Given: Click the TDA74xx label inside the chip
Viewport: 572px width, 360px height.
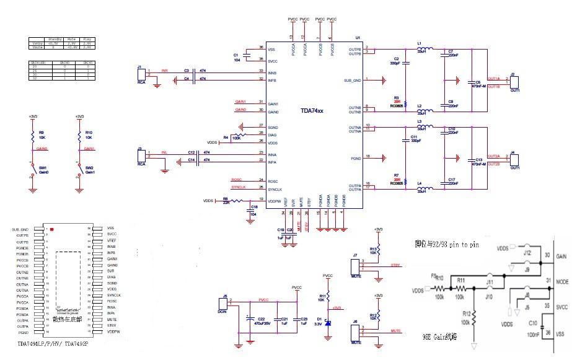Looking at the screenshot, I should click(x=312, y=110).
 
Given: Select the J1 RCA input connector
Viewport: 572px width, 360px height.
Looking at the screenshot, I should click(x=141, y=74).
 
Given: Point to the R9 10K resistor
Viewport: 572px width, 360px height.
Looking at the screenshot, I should click(x=32, y=134).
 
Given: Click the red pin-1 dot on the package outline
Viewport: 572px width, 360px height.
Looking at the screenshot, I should click(x=51, y=230).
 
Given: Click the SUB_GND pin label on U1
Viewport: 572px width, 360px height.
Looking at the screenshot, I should click(x=353, y=80).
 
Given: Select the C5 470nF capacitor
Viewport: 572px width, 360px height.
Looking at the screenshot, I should click(x=472, y=82).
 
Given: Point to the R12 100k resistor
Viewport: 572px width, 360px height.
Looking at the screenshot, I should click(x=473, y=318).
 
